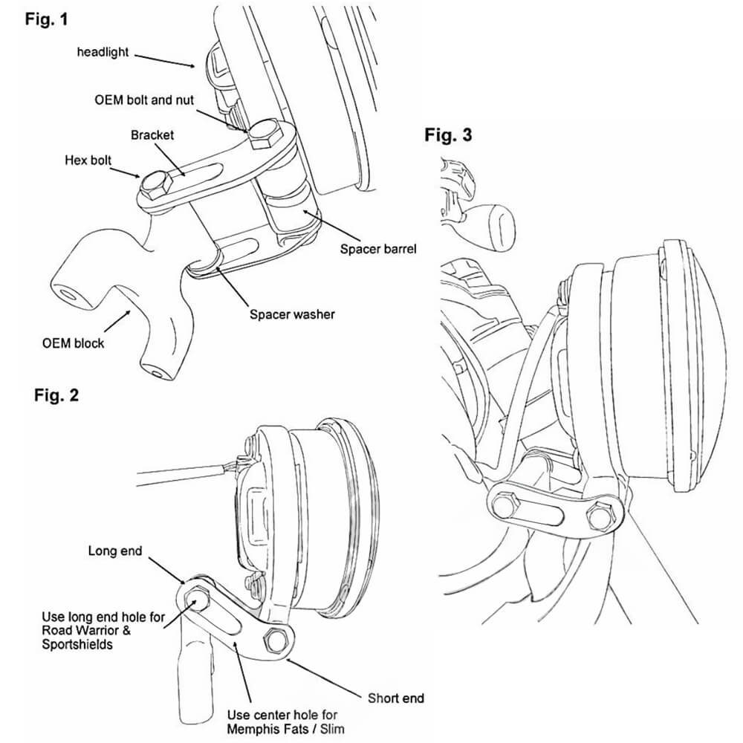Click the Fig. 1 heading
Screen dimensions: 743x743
coord(46,20)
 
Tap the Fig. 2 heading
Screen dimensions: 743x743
coord(56,395)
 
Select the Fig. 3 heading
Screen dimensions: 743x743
coord(448,135)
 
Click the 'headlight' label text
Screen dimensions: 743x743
coord(103,52)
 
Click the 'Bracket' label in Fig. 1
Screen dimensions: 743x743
coord(152,135)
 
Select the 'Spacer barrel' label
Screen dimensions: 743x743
coord(378,249)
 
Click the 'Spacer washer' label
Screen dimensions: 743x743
coord(292,314)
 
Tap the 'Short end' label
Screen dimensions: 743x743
coord(396,698)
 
